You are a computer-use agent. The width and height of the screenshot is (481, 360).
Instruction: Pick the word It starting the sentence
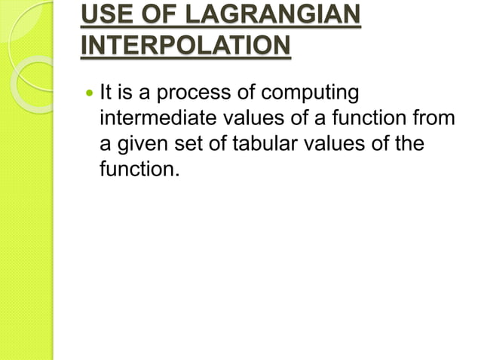click(x=106, y=94)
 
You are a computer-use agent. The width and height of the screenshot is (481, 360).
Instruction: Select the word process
click(x=188, y=95)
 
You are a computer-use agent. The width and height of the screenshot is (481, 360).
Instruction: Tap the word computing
click(x=308, y=95)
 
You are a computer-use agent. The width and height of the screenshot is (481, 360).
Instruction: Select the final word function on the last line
click(x=139, y=168)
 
